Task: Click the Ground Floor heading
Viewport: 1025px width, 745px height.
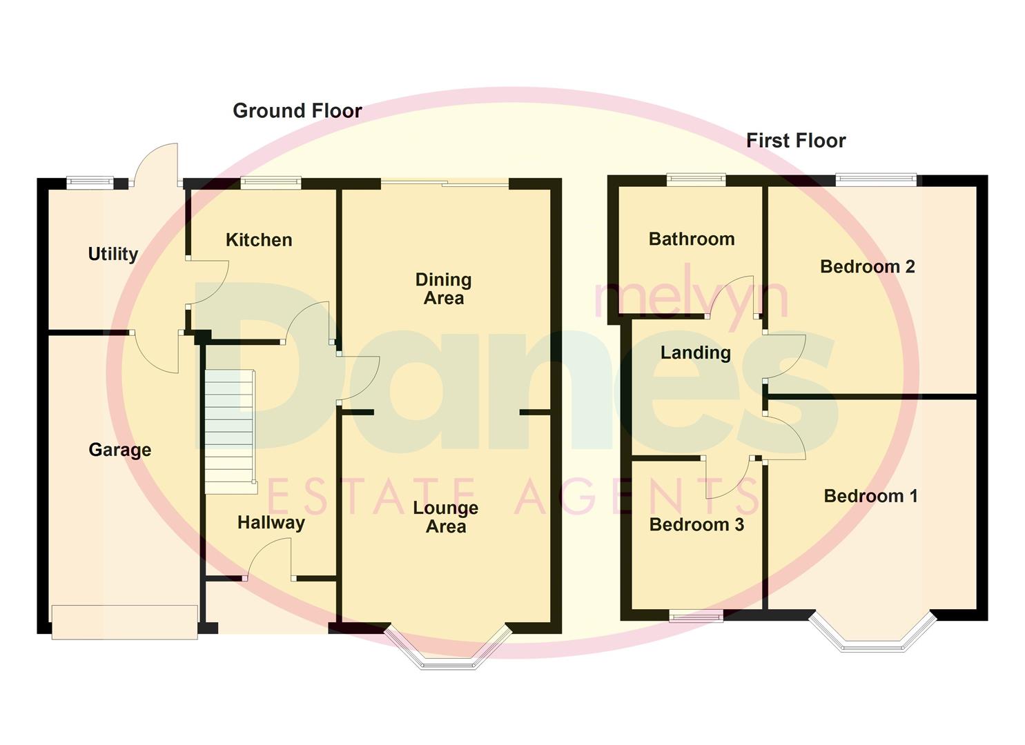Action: pyautogui.click(x=297, y=111)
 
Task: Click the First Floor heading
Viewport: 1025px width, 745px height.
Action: pyautogui.click(x=795, y=141)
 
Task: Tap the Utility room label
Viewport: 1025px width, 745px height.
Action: pyautogui.click(x=113, y=254)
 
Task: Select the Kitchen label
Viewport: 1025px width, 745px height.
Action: pyautogui.click(x=259, y=240)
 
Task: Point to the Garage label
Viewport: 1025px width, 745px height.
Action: pyautogui.click(x=119, y=450)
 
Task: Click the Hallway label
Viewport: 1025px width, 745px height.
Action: pyautogui.click(x=271, y=523)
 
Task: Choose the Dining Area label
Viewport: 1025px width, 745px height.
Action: pyautogui.click(x=443, y=289)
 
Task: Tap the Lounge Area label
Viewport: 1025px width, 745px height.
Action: pyautogui.click(x=445, y=517)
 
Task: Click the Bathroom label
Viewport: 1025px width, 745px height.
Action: pyautogui.click(x=691, y=239)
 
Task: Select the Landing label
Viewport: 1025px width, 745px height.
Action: pyautogui.click(x=695, y=352)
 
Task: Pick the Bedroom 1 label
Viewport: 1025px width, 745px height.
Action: pyautogui.click(x=870, y=496)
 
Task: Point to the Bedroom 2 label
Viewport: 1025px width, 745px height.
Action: pyautogui.click(x=867, y=266)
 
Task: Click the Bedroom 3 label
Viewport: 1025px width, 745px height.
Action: pyautogui.click(x=696, y=525)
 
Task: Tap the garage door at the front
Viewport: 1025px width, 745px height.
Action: pyautogui.click(x=125, y=622)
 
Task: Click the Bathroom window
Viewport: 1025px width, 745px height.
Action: pyautogui.click(x=696, y=180)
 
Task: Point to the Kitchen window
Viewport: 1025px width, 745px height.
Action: pyautogui.click(x=271, y=183)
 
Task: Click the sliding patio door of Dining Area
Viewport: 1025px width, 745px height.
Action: pyautogui.click(x=445, y=183)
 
